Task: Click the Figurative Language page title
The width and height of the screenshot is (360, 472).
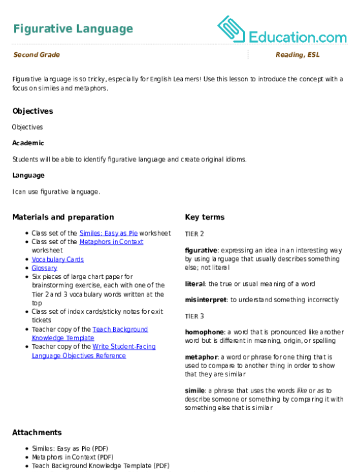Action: pyautogui.click(x=73, y=29)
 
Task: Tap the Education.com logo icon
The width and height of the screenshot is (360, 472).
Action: pyautogui.click(x=231, y=29)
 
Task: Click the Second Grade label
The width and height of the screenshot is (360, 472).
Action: pyautogui.click(x=36, y=55)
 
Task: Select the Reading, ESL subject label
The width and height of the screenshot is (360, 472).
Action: pyautogui.click(x=297, y=55)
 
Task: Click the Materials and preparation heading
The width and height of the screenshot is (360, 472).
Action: pyautogui.click(x=63, y=217)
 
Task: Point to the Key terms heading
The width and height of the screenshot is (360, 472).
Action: pyautogui.click(x=204, y=217)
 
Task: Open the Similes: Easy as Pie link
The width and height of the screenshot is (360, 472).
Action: pyautogui.click(x=109, y=233)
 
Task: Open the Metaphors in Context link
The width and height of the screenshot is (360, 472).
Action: pyautogui.click(x=111, y=241)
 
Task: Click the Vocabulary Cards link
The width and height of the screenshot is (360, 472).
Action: pyautogui.click(x=58, y=260)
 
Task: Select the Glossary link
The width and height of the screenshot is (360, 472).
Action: pyautogui.click(x=45, y=268)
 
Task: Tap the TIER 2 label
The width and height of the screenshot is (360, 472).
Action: pyautogui.click(x=195, y=234)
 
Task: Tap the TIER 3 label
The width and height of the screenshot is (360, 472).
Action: pyautogui.click(x=195, y=316)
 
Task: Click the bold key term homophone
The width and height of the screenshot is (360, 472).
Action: pyautogui.click(x=204, y=332)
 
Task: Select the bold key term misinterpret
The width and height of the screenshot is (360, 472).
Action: pyautogui.click(x=206, y=300)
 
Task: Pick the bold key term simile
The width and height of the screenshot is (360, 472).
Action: pyautogui.click(x=195, y=391)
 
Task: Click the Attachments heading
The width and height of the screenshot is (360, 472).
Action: pyautogui.click(x=37, y=433)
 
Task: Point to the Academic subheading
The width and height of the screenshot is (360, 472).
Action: pyautogui.click(x=28, y=143)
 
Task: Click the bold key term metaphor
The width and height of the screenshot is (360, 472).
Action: pyautogui.click(x=201, y=357)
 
